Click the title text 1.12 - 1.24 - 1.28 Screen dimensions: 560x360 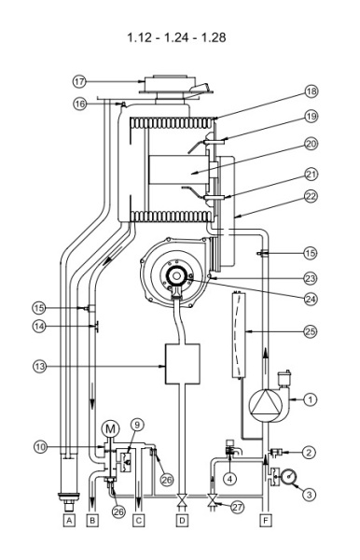click(x=179, y=39)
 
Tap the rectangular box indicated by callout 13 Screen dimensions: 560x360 click(x=182, y=364)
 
